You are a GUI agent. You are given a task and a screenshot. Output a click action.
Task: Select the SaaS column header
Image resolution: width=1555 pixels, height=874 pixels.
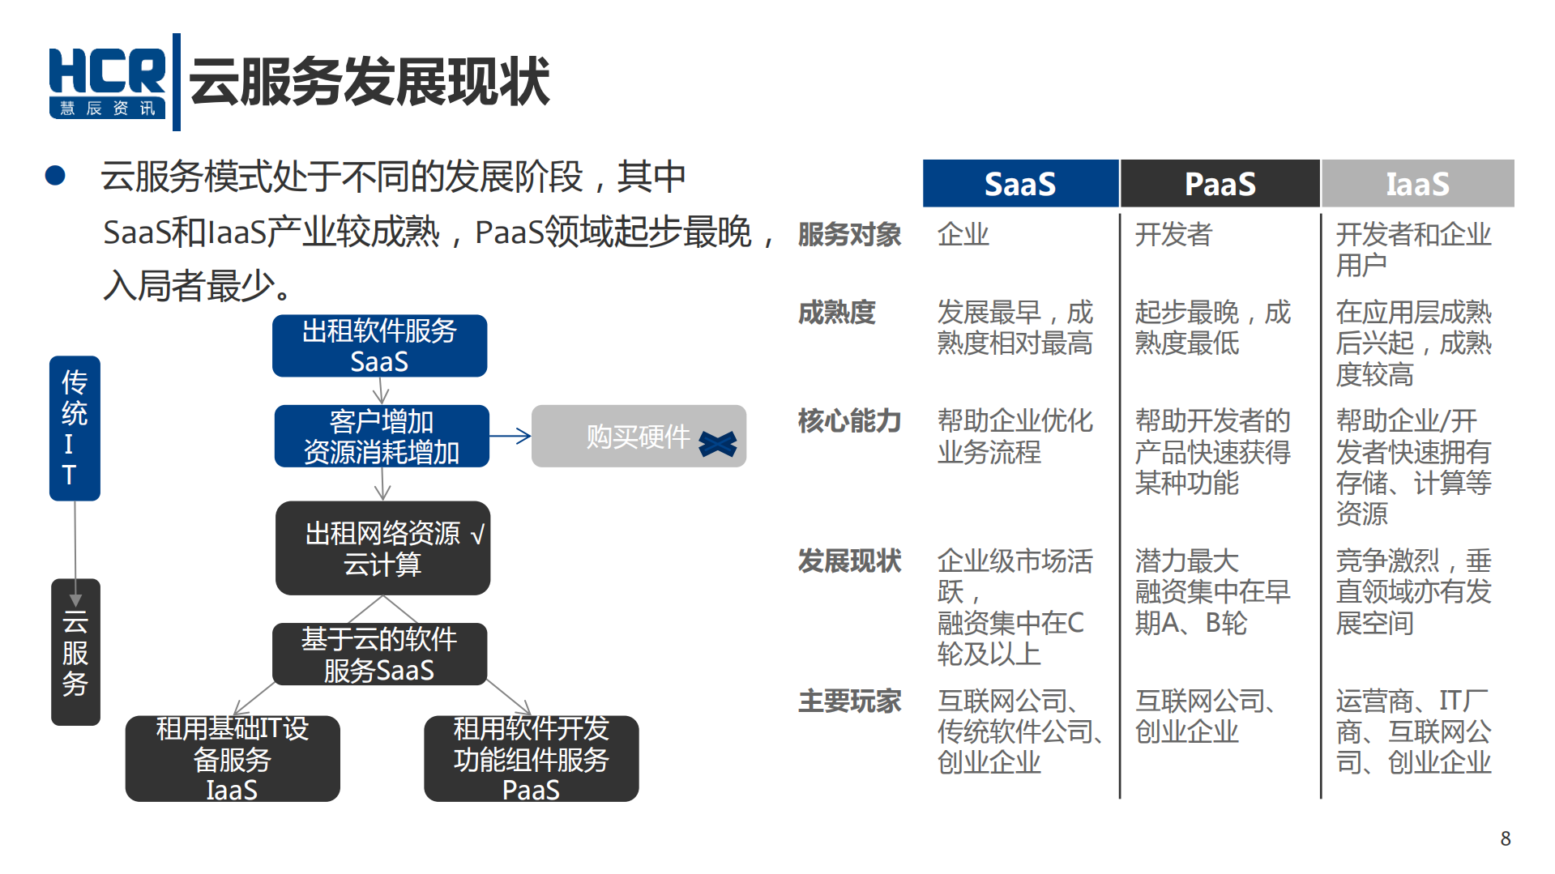pos(1019,184)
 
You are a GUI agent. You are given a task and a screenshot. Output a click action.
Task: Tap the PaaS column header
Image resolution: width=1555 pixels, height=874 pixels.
pos(1220,184)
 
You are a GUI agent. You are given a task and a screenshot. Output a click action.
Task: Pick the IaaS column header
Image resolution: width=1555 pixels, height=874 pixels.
pos(1417,184)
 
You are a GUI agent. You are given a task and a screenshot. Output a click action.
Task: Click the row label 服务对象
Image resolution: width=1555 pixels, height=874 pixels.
pos(849,235)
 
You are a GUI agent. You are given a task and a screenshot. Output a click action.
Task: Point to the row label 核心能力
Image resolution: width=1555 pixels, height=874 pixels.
pos(849,421)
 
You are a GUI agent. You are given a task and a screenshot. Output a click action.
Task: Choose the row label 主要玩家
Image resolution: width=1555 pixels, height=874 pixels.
pos(849,701)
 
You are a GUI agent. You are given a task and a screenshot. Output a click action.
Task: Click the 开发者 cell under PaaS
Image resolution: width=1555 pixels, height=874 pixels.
pos(1173,235)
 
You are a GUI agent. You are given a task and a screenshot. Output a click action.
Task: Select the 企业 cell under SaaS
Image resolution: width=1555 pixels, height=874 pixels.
pos(963,235)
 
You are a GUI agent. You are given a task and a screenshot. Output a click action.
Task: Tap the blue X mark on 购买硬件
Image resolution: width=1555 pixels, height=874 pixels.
pos(718,443)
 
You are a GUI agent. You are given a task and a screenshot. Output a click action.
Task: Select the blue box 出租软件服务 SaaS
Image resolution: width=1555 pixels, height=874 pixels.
pos(379,346)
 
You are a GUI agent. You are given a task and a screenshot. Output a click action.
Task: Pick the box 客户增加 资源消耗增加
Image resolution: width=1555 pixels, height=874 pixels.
pos(382,437)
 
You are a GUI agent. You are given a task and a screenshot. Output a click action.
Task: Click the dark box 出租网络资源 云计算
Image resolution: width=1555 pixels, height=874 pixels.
pos(382,548)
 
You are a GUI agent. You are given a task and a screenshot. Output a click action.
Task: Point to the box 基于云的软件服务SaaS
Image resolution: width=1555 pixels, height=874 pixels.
pos(379,654)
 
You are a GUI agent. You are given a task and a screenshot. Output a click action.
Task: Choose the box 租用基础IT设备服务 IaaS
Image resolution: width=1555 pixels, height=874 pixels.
pos(233,759)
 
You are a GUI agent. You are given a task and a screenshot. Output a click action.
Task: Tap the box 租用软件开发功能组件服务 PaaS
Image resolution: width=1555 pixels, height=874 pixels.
pos(531,759)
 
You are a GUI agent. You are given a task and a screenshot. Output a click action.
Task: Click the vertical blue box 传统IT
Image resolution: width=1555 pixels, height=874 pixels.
pos(75,428)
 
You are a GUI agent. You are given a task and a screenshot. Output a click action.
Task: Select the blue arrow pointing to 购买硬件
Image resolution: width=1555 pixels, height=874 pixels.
pos(511,436)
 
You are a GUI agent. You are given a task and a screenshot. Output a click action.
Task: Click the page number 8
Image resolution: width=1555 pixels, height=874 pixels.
pos(1505,838)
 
